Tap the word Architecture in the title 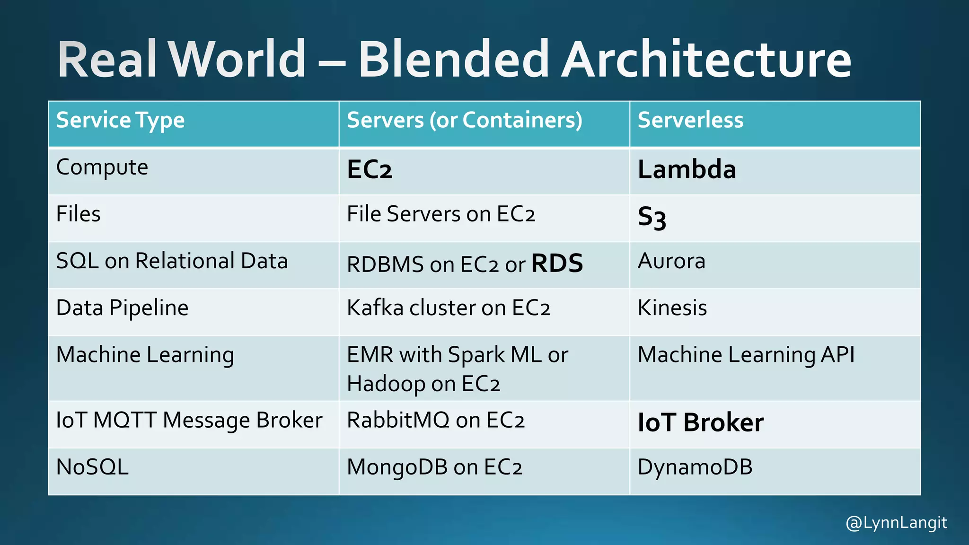pos(706,60)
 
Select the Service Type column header pos(120,120)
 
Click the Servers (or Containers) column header pos(465,120)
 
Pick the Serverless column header pos(690,120)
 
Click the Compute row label pos(102,167)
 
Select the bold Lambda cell pos(687,169)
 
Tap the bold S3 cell pos(652,218)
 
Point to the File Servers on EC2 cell pos(441,214)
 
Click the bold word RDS pos(557,264)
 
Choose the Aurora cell pos(671,261)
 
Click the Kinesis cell pos(672,308)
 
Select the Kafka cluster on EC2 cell pos(449,308)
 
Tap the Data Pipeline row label pos(122,308)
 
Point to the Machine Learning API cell pos(746,355)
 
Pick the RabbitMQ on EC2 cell pos(436,420)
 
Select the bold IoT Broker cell pos(700,422)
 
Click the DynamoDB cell pos(695,467)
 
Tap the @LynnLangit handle pos(896,523)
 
